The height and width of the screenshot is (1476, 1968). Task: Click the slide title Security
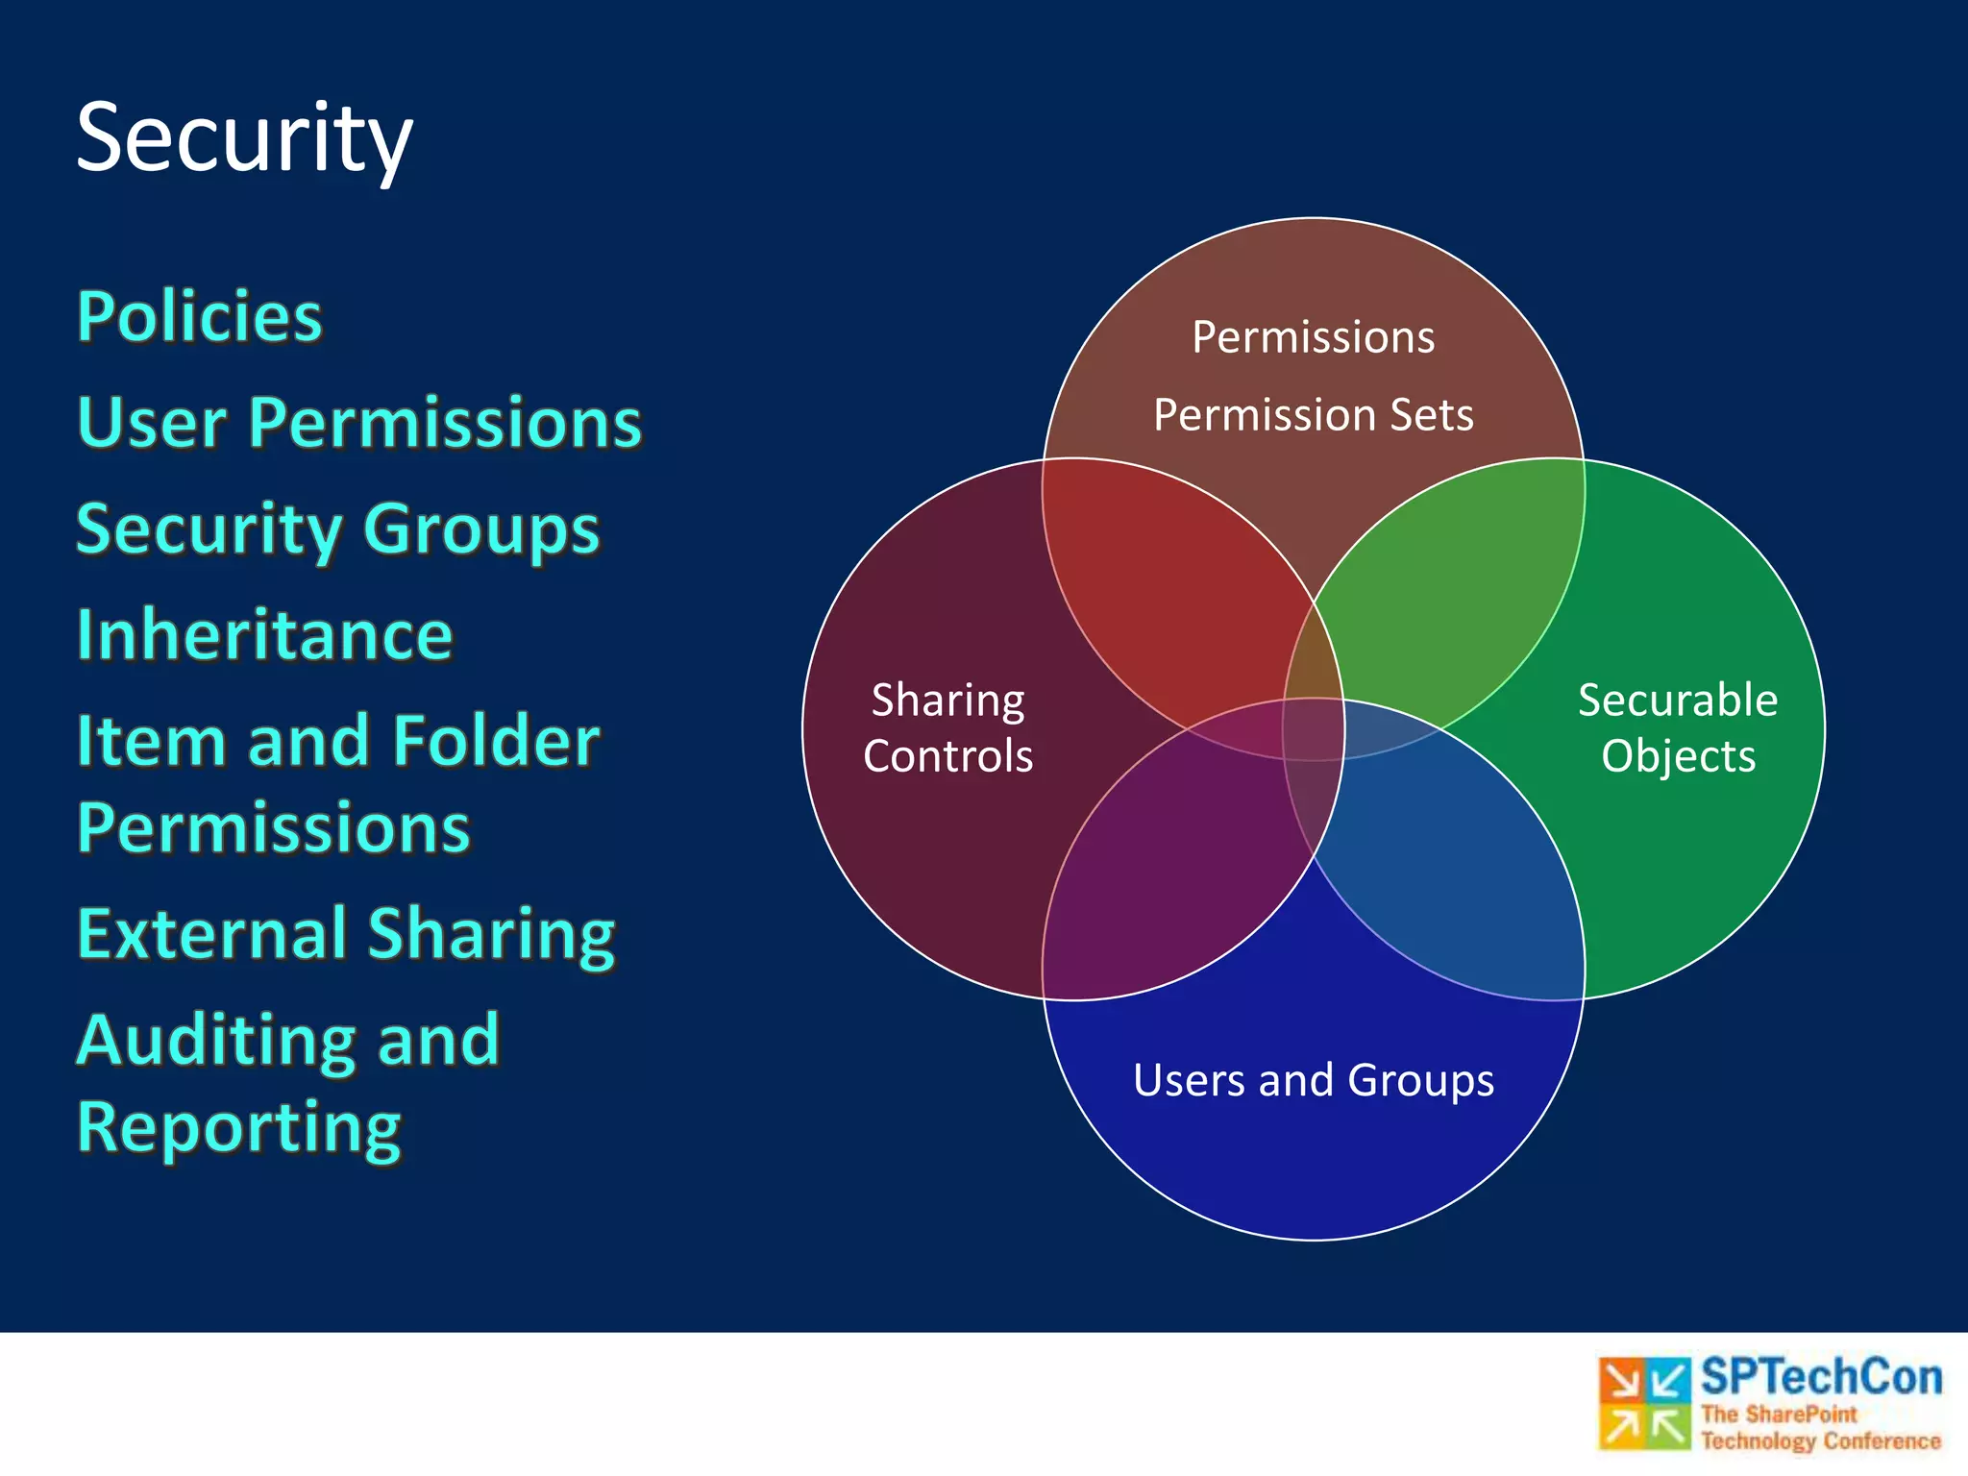tap(244, 139)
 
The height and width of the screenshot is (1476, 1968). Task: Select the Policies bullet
tap(200, 316)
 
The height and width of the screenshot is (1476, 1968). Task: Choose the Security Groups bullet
tap(338, 529)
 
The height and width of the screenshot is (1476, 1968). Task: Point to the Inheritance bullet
tap(264, 635)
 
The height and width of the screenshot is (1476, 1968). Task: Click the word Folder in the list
tap(496, 741)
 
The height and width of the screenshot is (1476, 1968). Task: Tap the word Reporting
tap(238, 1127)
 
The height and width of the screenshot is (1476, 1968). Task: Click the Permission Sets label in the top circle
tap(1313, 415)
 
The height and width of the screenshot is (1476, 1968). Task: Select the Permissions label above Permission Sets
tap(1313, 337)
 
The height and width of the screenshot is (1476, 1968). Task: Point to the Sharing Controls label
tap(947, 727)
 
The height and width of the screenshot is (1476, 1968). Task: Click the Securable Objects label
tap(1678, 727)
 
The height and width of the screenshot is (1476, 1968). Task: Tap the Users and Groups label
tap(1313, 1080)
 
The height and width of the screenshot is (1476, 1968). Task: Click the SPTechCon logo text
tap(1821, 1377)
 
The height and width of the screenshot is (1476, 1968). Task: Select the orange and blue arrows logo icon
tap(1644, 1403)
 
